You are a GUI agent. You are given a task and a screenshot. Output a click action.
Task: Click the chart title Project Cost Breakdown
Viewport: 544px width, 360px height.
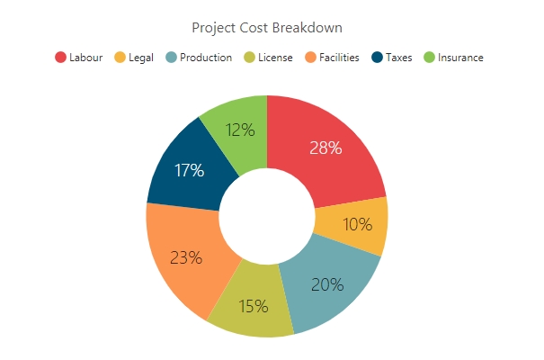(x=267, y=27)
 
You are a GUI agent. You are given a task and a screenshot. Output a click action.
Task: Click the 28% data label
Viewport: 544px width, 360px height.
(x=325, y=148)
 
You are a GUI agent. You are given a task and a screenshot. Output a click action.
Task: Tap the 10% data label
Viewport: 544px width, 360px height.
(x=358, y=225)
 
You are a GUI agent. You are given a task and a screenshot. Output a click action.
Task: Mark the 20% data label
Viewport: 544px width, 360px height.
(x=327, y=284)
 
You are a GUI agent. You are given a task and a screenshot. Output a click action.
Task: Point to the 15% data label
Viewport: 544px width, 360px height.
(x=254, y=306)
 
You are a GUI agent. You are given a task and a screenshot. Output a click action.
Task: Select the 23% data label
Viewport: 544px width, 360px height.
(x=185, y=257)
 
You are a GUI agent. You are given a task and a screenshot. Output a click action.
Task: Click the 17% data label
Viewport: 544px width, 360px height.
(x=188, y=169)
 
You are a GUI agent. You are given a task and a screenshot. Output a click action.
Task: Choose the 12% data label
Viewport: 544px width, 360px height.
(x=240, y=130)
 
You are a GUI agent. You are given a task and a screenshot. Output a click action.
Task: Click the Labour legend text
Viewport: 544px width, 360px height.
(x=85, y=58)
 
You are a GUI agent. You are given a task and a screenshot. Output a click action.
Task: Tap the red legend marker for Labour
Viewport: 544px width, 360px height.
(x=61, y=58)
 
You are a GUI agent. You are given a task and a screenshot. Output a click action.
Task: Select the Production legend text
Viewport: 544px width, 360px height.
(x=206, y=58)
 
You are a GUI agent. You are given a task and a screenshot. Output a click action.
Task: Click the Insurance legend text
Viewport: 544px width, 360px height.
(x=460, y=58)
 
